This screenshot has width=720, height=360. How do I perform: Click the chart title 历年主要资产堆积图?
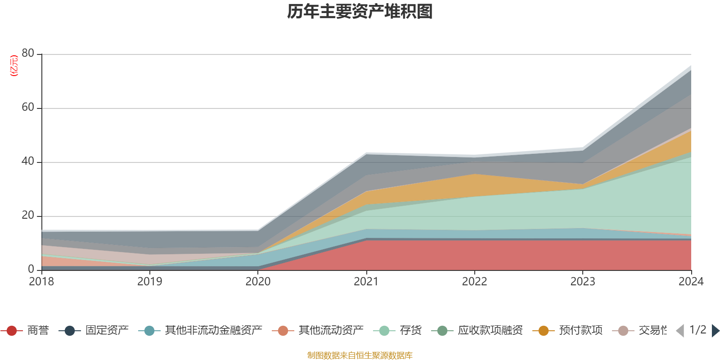click(x=360, y=12)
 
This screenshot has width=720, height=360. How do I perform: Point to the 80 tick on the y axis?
click(x=28, y=53)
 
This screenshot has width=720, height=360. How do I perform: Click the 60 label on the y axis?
click(x=28, y=107)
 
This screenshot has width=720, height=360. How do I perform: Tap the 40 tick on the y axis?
click(x=28, y=161)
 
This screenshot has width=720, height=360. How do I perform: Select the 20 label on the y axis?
click(x=28, y=215)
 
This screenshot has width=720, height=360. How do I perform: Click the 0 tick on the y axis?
click(x=31, y=269)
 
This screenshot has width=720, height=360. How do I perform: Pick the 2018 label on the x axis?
click(x=41, y=282)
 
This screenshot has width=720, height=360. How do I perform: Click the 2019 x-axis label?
click(x=149, y=282)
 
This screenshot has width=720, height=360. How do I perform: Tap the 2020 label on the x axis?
click(x=258, y=282)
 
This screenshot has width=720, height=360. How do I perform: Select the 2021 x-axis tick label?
click(x=366, y=282)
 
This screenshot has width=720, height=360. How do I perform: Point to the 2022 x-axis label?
click(x=474, y=282)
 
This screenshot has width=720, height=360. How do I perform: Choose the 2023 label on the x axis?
click(x=583, y=282)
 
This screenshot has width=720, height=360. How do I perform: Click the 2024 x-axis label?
click(x=691, y=282)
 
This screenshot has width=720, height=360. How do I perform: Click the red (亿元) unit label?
click(x=14, y=66)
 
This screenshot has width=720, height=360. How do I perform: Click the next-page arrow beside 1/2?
click(x=715, y=331)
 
